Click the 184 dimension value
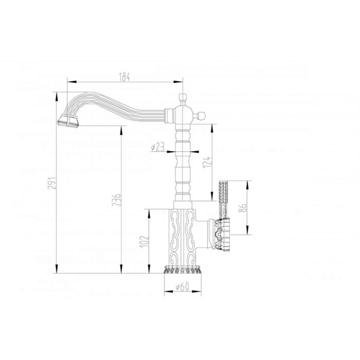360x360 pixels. click(124, 77)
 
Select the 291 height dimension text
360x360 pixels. click(52, 183)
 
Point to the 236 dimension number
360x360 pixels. click(116, 200)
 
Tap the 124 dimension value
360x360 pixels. click(207, 162)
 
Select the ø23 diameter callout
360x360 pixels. click(158, 147)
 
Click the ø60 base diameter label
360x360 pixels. click(182, 287)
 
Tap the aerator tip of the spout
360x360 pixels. click(68, 121)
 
